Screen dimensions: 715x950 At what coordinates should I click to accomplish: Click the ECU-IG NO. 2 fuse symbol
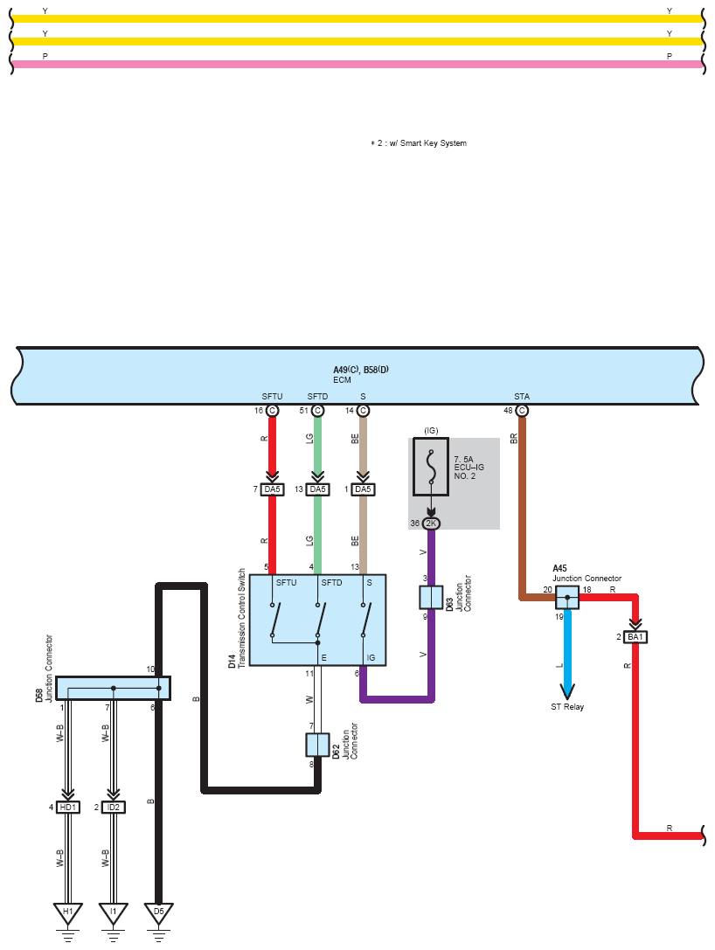click(431, 467)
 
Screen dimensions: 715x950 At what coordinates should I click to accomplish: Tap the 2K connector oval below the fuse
click(431, 523)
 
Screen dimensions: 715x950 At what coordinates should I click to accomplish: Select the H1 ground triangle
click(68, 912)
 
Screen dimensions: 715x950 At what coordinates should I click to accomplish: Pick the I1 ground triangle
click(114, 912)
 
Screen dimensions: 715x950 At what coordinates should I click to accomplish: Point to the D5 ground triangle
click(159, 912)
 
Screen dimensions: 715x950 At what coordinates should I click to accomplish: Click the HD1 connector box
click(68, 807)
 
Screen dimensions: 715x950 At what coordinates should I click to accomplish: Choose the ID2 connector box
click(114, 807)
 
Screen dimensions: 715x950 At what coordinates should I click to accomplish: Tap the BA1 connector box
click(635, 637)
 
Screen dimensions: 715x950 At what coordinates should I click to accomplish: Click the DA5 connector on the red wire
click(272, 489)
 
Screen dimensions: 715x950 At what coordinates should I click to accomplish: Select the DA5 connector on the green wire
click(317, 489)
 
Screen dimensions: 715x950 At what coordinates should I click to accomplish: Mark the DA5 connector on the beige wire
click(363, 489)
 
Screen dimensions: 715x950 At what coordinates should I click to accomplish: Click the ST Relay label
click(567, 706)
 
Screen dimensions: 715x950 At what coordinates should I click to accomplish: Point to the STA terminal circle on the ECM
click(522, 411)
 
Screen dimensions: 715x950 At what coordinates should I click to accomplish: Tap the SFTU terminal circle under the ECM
click(272, 411)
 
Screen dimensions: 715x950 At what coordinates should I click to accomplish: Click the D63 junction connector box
click(431, 598)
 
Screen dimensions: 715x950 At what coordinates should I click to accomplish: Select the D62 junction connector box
click(317, 745)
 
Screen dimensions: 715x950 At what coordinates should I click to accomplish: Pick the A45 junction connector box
click(567, 598)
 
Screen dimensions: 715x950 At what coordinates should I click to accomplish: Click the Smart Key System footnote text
click(419, 143)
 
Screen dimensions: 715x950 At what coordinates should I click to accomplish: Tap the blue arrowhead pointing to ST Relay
click(567, 690)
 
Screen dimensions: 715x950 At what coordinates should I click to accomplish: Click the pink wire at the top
click(357, 64)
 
